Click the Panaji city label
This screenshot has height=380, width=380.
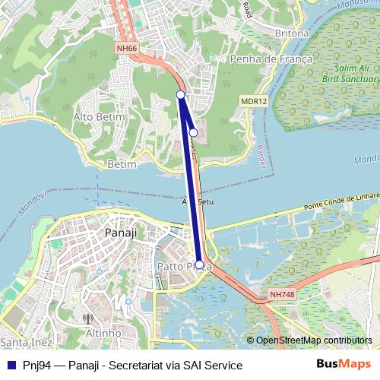tap(121, 233)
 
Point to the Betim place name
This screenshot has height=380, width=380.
tap(122, 163)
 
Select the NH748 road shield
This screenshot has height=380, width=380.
tap(281, 294)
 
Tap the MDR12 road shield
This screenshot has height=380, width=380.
tap(254, 100)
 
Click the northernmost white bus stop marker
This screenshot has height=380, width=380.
tap(181, 94)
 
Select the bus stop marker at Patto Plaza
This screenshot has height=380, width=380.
tap(200, 265)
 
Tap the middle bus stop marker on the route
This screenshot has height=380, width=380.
tap(193, 132)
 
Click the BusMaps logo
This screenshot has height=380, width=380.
tap(344, 365)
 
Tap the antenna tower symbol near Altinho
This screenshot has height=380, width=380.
tap(87, 319)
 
